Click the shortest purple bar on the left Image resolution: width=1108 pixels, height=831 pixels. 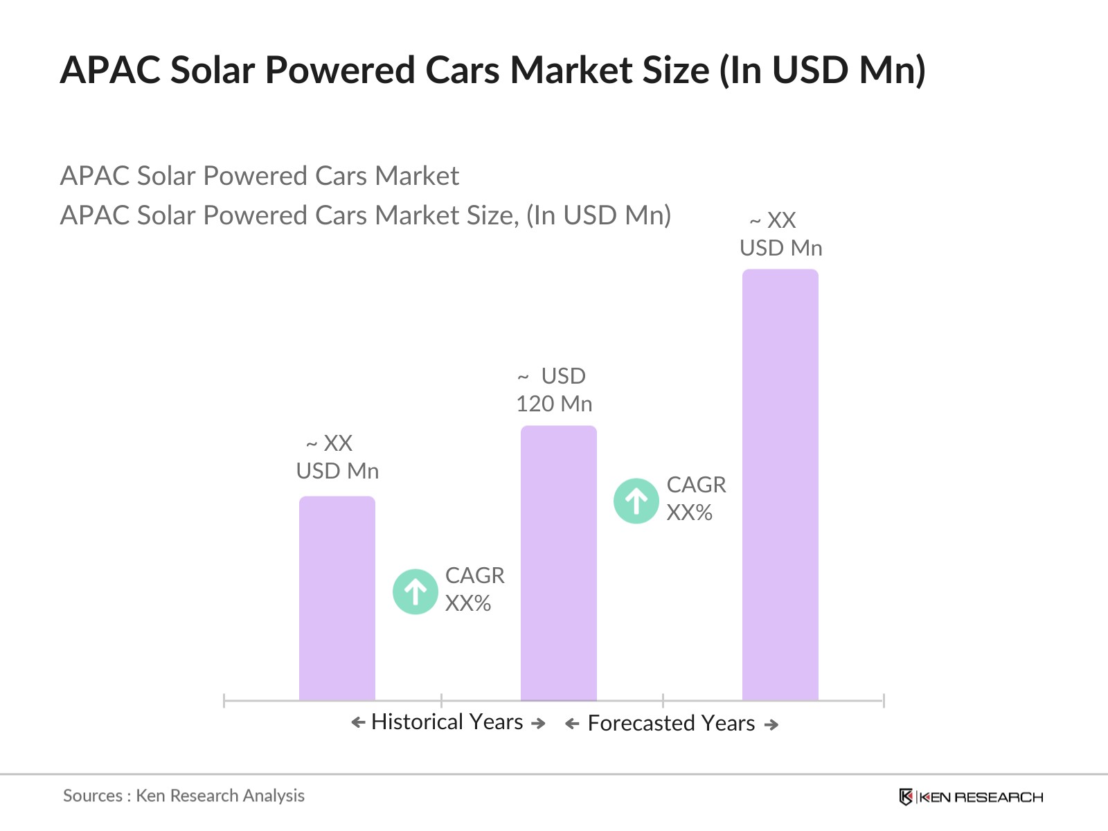click(x=337, y=599)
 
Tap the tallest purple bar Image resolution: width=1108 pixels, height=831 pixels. click(x=780, y=485)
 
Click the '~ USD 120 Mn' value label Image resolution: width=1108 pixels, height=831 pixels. click(x=554, y=390)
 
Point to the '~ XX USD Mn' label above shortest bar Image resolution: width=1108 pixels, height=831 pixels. click(x=337, y=457)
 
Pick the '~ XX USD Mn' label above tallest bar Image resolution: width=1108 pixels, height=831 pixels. click(x=780, y=234)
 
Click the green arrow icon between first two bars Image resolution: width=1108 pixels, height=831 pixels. click(x=415, y=591)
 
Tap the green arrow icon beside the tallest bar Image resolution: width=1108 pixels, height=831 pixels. click(x=636, y=501)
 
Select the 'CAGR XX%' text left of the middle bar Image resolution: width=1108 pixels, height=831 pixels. click(x=474, y=589)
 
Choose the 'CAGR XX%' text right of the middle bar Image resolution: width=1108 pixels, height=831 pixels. click(x=696, y=499)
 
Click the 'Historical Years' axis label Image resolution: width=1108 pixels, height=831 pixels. click(x=447, y=722)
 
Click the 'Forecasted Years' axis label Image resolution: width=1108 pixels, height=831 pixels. click(x=671, y=724)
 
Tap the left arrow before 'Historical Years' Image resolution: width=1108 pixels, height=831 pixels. click(x=358, y=723)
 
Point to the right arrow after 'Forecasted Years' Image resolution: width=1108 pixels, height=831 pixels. click(x=771, y=725)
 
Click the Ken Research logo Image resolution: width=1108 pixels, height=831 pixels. click(x=971, y=797)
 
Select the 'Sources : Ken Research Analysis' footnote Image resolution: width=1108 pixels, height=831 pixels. click(x=184, y=796)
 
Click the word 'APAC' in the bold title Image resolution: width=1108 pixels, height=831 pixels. click(x=110, y=71)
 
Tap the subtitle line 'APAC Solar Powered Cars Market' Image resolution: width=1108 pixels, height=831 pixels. click(x=259, y=176)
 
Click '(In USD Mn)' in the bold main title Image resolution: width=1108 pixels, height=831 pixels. click(x=822, y=71)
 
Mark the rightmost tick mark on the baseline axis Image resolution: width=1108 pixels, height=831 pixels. click(x=884, y=700)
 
